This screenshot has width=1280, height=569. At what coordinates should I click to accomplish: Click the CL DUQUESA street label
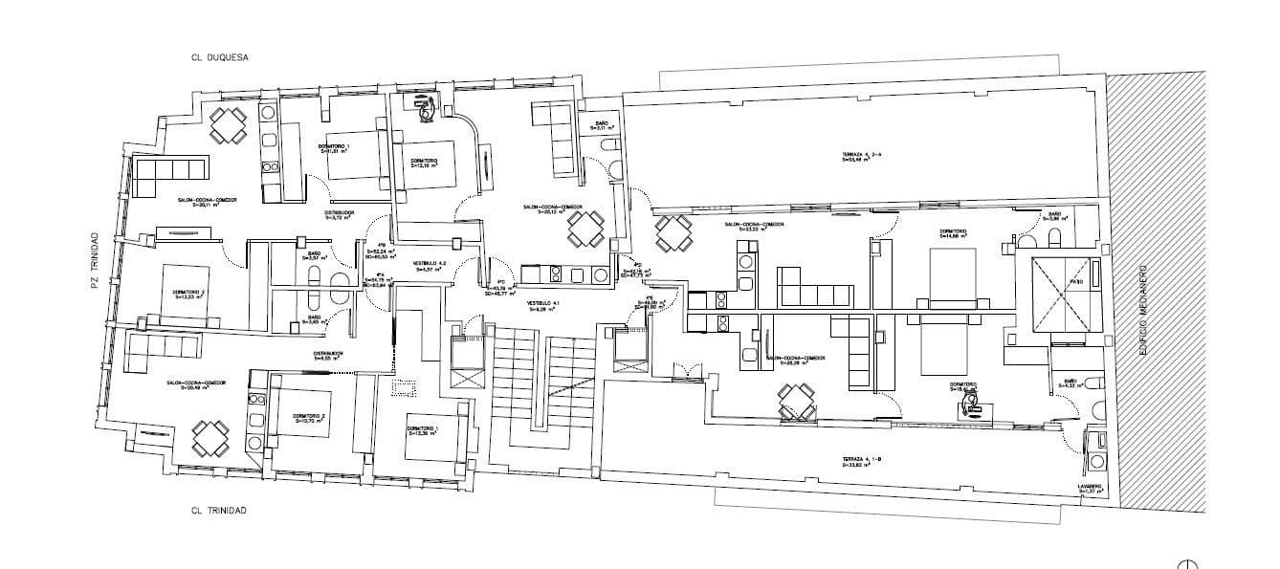coord(220,57)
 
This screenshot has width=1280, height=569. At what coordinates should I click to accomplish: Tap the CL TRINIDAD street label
coord(219,511)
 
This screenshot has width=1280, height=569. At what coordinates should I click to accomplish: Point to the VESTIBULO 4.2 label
coord(430,266)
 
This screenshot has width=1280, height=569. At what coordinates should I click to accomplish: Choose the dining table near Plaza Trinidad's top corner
coord(229,124)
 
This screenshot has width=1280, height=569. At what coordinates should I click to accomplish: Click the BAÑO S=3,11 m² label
coord(602,126)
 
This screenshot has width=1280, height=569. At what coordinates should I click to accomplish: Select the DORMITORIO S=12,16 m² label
coord(425,162)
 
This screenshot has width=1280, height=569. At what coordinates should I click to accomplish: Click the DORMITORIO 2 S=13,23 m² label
coord(188,294)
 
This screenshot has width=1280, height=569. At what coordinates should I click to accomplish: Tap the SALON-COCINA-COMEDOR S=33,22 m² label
coord(755,228)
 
